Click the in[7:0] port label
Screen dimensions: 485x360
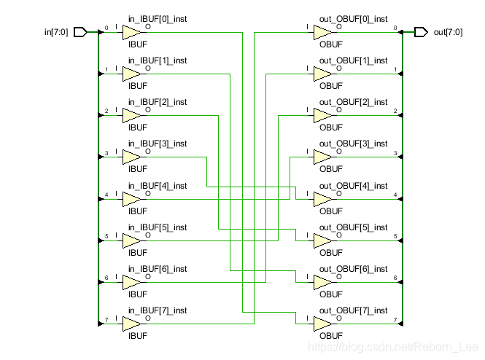[56, 32]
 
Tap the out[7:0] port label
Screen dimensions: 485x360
[449, 32]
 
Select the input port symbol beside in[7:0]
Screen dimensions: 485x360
[80, 32]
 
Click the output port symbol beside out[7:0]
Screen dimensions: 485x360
[421, 32]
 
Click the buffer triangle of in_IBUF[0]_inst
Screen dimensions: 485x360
[131, 32]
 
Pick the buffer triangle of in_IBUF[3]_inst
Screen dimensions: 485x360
[131, 157]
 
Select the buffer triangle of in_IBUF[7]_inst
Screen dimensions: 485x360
[131, 324]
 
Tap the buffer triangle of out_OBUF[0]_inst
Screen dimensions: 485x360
[322, 32]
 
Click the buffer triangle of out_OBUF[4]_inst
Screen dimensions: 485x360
[322, 200]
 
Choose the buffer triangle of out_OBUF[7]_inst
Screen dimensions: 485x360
[322, 324]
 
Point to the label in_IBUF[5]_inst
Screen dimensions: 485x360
[158, 227]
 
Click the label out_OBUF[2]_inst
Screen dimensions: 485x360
[353, 102]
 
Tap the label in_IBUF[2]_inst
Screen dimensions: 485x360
[158, 102]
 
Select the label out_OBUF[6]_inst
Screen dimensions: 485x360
[353, 269]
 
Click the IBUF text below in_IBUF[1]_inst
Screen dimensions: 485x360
[138, 86]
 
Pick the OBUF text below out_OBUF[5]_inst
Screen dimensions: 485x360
[331, 253]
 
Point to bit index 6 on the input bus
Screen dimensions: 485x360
[106, 278]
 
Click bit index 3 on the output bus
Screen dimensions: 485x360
[395, 153]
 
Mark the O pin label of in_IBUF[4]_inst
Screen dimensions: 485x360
[148, 193]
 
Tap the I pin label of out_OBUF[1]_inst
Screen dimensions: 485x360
[307, 69]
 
